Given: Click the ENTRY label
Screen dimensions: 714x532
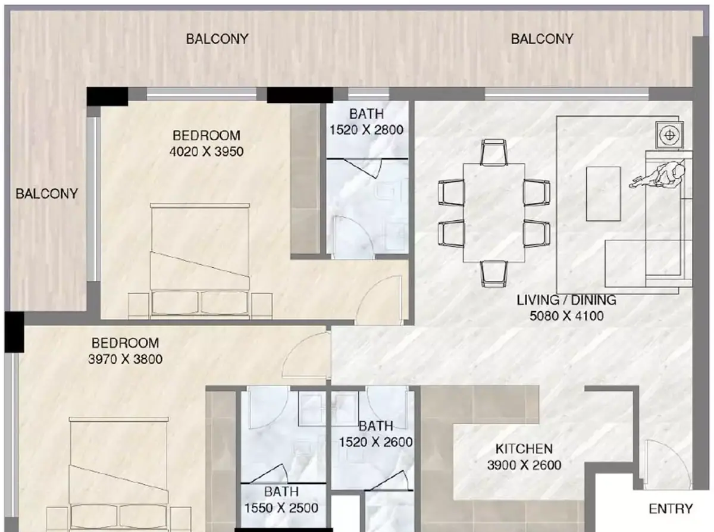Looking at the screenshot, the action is tap(671, 508).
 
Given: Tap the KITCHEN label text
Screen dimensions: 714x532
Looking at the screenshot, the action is tap(524, 449).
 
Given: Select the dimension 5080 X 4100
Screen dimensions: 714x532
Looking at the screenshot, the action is tap(566, 316).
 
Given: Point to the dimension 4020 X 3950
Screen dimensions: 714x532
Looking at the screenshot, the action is tap(206, 151).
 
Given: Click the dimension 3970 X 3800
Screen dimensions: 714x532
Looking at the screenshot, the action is tap(125, 359).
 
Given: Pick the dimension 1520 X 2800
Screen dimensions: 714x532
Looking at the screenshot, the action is tap(367, 130).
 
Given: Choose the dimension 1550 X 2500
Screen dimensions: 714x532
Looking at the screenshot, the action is tap(281, 508).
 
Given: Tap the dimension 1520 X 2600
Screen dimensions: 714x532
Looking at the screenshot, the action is tap(375, 442).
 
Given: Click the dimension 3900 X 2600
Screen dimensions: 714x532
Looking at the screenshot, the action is tap(524, 465).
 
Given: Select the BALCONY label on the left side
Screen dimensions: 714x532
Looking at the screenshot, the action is tap(46, 193).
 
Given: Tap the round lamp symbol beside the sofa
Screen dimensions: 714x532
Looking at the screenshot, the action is tap(669, 135).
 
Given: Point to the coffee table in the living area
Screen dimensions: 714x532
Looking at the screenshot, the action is tap(603, 194).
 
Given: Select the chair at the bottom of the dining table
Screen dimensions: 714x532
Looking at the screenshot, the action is tap(494, 274).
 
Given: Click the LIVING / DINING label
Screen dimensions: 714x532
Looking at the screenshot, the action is tap(566, 300).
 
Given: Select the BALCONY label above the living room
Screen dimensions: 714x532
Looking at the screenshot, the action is tap(542, 39).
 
